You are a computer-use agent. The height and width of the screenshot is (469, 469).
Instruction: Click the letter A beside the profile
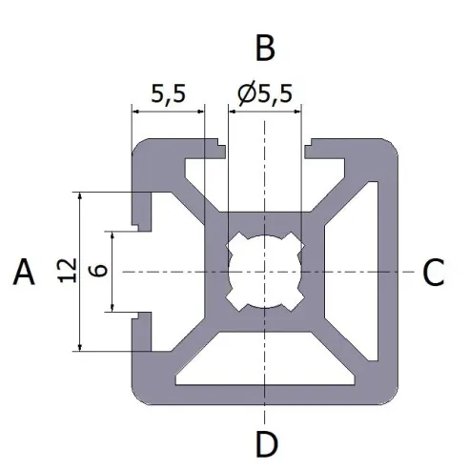click(24, 274)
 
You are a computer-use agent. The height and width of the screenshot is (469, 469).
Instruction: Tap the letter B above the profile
click(264, 46)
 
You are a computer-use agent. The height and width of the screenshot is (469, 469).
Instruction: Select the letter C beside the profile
click(433, 274)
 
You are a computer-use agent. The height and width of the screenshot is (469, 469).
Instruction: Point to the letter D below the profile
click(266, 443)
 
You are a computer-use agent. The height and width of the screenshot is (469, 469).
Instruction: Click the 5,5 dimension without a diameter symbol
click(168, 94)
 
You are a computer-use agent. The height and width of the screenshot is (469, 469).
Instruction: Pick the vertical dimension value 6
click(97, 272)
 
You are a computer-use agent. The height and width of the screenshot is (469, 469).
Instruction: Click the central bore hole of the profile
click(264, 272)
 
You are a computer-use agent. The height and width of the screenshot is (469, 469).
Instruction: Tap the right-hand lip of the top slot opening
click(312, 150)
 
